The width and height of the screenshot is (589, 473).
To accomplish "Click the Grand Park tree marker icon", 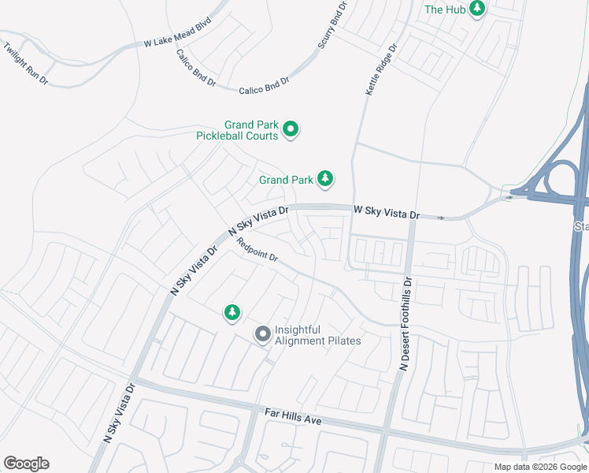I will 325,180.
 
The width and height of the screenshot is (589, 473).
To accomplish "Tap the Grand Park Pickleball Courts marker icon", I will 291,129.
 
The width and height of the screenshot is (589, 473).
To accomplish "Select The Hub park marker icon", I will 476,9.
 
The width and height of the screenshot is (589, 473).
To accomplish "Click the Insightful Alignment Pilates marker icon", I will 262,335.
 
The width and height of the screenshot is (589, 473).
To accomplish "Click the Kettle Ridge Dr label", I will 381,69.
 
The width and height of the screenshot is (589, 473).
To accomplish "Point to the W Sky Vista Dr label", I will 387,212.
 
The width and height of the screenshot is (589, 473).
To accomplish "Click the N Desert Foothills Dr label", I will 406,324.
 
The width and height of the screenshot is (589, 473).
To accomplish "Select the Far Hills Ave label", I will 293,415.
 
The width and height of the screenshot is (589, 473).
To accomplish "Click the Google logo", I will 26,464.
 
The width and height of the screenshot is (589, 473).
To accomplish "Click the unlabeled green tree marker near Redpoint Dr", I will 232,313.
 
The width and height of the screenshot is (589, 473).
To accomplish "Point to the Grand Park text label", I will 286,180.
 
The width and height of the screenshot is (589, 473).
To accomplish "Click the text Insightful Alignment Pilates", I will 317,335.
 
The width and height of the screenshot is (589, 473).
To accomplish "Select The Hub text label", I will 445,9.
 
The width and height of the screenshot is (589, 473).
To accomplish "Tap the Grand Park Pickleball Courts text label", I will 239,130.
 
